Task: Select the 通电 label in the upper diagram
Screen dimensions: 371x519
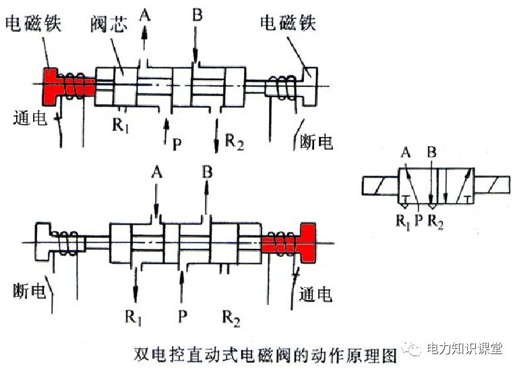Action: [x=29, y=117]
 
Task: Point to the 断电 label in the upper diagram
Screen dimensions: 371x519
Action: [x=317, y=142]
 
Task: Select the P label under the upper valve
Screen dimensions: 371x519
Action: [x=177, y=143]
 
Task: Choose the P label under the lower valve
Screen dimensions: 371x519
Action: [x=181, y=315]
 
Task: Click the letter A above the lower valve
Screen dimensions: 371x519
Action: [x=157, y=173]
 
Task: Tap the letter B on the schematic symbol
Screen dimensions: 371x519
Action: [x=431, y=152]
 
